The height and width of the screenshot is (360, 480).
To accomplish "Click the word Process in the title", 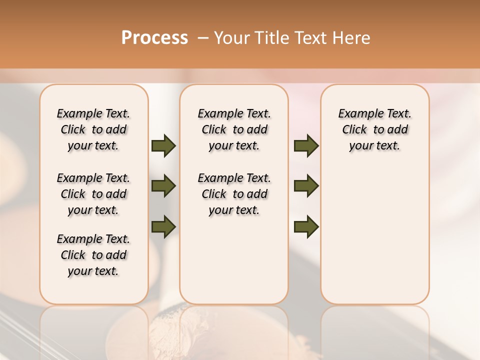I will (x=154, y=38).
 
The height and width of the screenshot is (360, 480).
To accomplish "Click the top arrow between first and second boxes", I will (x=163, y=146).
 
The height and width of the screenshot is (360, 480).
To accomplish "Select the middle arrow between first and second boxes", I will (x=163, y=186).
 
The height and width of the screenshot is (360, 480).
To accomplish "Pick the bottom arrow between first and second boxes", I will (x=163, y=226).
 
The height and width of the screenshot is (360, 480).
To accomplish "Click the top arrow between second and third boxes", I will (x=306, y=146).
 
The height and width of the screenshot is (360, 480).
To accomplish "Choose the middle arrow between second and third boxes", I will (x=306, y=186).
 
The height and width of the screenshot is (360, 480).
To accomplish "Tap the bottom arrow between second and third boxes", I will (x=306, y=226).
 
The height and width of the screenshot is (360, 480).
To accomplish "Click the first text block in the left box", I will (x=93, y=129).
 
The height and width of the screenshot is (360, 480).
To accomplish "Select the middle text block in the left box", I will (x=93, y=194).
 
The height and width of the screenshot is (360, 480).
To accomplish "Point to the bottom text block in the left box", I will (x=93, y=255).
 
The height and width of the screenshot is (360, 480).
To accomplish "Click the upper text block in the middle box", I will (x=234, y=129).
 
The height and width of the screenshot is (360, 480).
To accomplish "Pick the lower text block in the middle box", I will (x=234, y=194).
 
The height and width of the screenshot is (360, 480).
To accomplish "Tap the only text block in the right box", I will (x=374, y=129).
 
